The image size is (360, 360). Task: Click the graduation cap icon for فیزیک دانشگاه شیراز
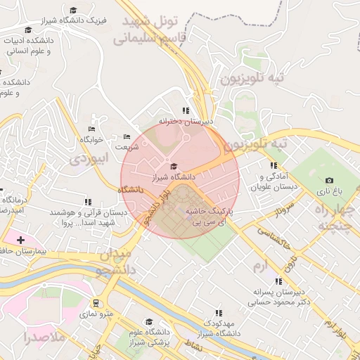[x=74, y=11]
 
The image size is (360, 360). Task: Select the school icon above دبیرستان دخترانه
[x=186, y=110]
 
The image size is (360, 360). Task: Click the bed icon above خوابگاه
[x=91, y=129]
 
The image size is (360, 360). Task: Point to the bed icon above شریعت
[x=127, y=136]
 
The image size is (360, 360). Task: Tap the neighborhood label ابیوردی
[x=88, y=159]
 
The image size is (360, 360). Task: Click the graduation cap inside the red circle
[x=174, y=166]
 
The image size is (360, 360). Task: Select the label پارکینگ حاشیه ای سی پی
[x=212, y=215]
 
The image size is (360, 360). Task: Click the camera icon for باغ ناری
[x=329, y=181]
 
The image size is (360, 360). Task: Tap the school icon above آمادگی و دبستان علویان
[x=273, y=165]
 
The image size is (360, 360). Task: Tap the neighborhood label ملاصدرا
[x=44, y=337]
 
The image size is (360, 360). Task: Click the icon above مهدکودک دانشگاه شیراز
[x=219, y=313]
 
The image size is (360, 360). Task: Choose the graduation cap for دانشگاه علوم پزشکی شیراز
[x=150, y=321]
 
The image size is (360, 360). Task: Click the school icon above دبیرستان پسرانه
[x=279, y=281]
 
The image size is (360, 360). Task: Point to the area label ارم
[x=260, y=266]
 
